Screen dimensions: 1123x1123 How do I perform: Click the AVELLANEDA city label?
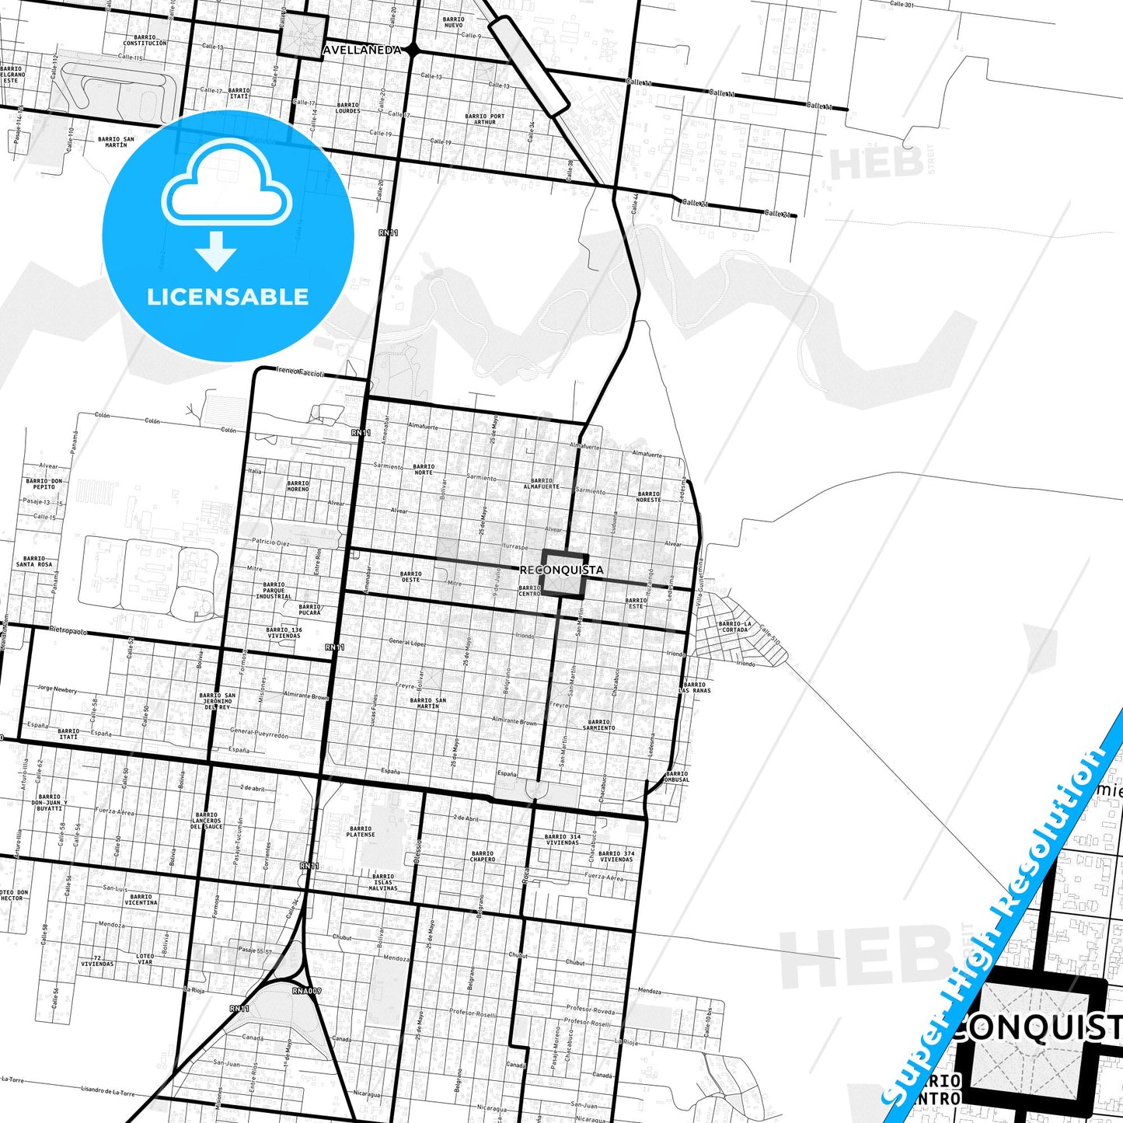[361, 50]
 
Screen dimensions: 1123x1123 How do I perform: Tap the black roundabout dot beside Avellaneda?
[413, 50]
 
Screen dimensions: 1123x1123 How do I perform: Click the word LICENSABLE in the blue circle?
[228, 297]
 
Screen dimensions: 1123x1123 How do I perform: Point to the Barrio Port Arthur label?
[485, 119]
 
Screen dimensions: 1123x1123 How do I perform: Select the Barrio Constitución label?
[145, 40]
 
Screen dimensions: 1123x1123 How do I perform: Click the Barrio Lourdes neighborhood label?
[348, 108]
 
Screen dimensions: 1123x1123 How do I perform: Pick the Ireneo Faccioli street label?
[300, 372]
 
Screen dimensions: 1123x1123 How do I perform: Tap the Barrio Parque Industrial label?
[274, 591]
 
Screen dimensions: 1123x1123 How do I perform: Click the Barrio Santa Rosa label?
[34, 561]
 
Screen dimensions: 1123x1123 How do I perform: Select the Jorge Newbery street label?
[57, 689]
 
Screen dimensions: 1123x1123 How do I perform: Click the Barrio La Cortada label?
[734, 626]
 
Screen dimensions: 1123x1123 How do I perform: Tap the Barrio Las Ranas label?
[694, 688]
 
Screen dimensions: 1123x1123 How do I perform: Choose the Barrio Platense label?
[361, 832]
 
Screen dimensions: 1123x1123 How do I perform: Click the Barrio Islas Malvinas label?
[384, 882]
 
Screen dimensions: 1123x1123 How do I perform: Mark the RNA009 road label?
[307, 991]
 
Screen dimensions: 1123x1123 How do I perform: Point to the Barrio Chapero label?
[482, 856]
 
